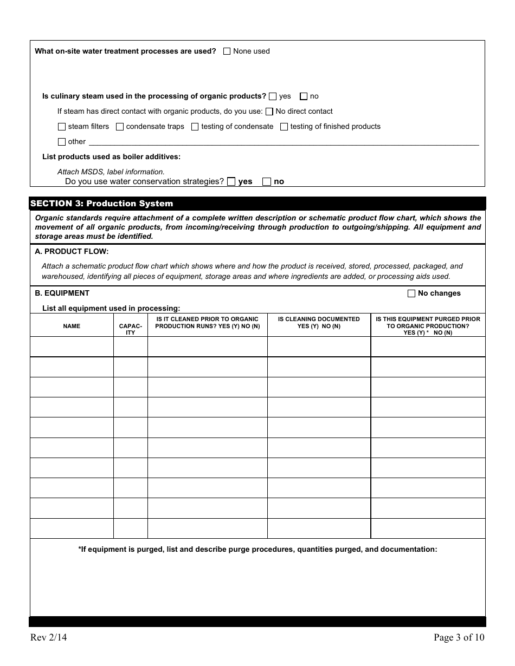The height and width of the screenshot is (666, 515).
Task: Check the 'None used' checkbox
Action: pos(227,51)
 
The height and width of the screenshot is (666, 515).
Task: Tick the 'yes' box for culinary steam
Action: pos(273,96)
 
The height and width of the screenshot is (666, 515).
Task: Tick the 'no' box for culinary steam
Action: pos(304,96)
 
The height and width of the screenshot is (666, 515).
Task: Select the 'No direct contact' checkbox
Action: pos(269,112)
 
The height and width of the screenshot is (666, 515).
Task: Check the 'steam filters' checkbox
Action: pos(62,127)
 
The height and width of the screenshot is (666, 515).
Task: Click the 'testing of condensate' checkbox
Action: pos(195,127)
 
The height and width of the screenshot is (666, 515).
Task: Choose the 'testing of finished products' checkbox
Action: pos(284,127)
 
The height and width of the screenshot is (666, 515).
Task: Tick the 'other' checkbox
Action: pos(62,142)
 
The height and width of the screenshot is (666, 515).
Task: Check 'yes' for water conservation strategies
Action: pos(231,182)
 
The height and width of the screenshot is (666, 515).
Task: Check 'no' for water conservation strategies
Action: pos(267,182)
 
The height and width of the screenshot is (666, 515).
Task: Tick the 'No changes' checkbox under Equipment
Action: pos(411,293)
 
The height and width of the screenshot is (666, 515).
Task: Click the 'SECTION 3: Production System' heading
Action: pos(102,204)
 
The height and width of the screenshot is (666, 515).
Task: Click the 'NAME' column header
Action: pos(72,326)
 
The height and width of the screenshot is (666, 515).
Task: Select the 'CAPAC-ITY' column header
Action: pos(131,329)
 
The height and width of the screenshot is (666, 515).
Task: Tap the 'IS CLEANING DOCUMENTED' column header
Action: pos(319,323)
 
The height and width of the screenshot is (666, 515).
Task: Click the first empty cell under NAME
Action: pos(72,347)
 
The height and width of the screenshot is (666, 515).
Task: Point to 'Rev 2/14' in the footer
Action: pos(49,637)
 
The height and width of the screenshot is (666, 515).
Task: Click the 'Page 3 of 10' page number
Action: pos(459,637)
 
